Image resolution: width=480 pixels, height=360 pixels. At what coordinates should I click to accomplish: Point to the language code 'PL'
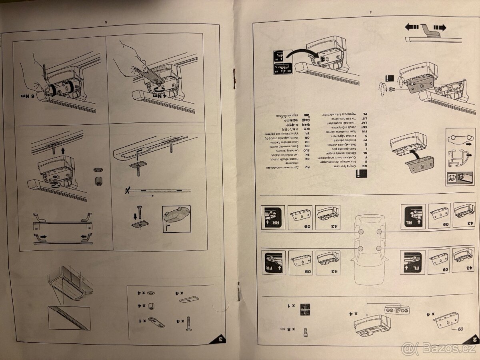pos(364,114)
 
